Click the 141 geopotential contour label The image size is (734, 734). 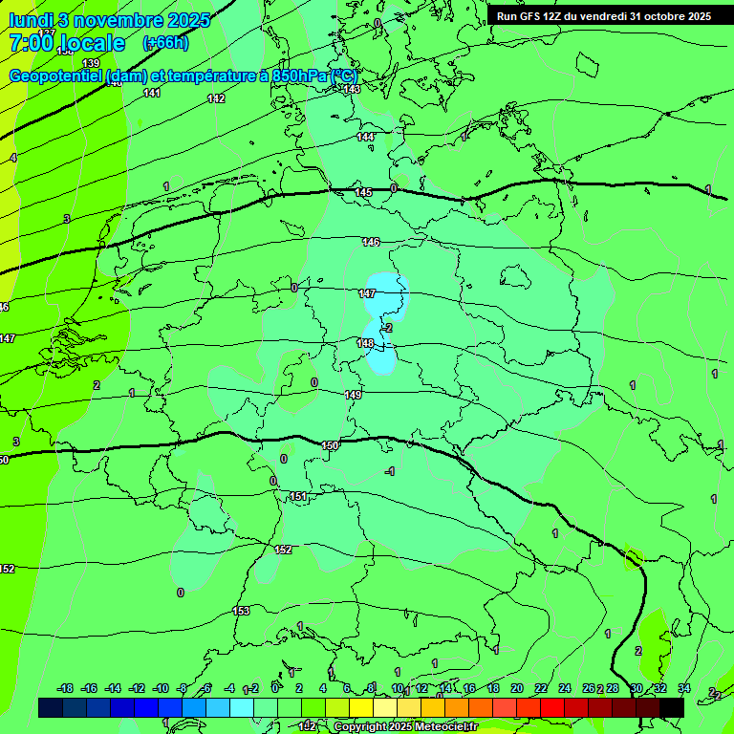(152, 93)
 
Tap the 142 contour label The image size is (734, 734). (216, 98)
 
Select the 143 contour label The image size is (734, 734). (352, 89)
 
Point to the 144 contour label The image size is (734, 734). (365, 137)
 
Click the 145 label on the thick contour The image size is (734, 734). (363, 192)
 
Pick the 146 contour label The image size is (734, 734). (371, 242)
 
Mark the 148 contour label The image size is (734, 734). (365, 343)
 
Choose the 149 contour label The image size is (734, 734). (353, 394)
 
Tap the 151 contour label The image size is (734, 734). (298, 496)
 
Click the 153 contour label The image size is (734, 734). (242, 611)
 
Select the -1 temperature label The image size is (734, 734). (389, 471)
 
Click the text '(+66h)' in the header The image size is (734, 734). (165, 42)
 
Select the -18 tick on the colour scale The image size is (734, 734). (65, 688)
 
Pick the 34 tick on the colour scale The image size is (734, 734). (683, 688)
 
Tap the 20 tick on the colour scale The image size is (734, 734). (516, 688)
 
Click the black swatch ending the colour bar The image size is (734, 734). (671, 707)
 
